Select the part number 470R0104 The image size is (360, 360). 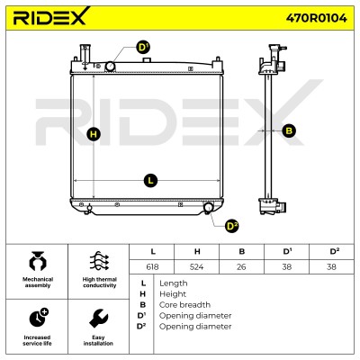[x=316, y=18]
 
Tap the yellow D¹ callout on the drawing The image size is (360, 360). [x=143, y=48]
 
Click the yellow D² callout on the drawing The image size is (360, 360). [x=231, y=226]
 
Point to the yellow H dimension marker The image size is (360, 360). [x=94, y=134]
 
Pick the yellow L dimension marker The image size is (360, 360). [x=150, y=181]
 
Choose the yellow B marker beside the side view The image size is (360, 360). [x=289, y=130]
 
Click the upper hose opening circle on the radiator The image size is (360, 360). [x=111, y=66]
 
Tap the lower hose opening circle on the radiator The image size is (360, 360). [x=208, y=207]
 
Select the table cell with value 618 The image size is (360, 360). [x=152, y=266]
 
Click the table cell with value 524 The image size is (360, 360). [x=197, y=266]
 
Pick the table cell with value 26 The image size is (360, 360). [x=242, y=266]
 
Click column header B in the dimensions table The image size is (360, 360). [x=242, y=252]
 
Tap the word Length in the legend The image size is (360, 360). [x=174, y=283]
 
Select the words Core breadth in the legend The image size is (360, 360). [x=184, y=305]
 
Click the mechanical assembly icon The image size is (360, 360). [x=38, y=261]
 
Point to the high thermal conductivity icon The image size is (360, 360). [x=99, y=261]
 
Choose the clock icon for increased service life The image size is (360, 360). [x=39, y=317]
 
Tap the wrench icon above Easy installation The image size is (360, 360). [x=99, y=319]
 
